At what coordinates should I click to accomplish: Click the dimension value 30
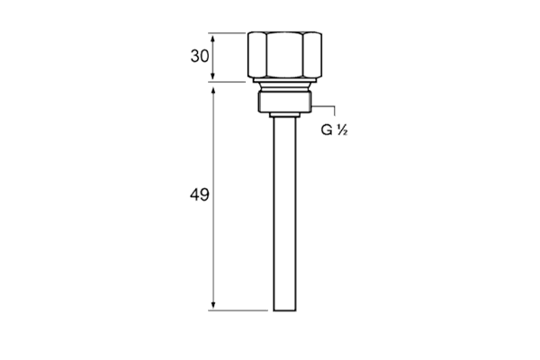[200, 56]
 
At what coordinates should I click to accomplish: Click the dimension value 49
[200, 195]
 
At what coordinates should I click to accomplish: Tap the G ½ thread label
[334, 130]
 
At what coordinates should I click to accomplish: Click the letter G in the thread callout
[327, 130]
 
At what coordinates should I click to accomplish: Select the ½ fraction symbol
[342, 130]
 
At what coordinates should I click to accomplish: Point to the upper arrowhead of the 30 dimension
[212, 39]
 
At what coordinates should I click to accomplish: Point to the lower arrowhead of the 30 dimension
[212, 76]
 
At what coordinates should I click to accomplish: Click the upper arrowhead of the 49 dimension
[213, 93]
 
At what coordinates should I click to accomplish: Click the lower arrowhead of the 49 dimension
[213, 305]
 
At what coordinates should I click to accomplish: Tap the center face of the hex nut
[284, 55]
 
